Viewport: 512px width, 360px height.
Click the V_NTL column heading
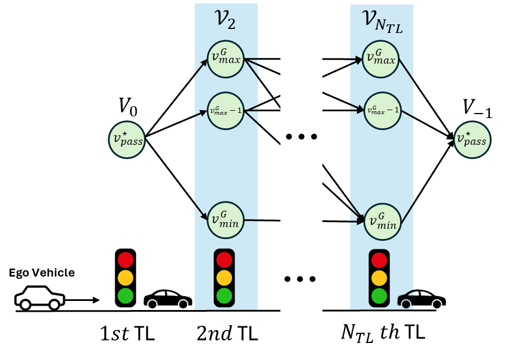point(382,22)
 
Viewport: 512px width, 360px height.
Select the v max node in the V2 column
point(225,59)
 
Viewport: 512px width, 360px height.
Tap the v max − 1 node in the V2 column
point(225,111)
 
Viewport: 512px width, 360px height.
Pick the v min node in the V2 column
point(225,220)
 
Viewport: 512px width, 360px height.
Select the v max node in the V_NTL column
point(381,59)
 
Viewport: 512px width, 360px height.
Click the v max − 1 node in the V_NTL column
point(382,111)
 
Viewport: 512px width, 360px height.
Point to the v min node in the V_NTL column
point(382,221)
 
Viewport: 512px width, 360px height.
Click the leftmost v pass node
point(127,140)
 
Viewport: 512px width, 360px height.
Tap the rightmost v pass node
point(472,140)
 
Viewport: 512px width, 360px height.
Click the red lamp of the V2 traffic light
point(224,259)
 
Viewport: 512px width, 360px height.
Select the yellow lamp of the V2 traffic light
point(224,278)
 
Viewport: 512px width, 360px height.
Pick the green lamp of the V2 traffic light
point(224,296)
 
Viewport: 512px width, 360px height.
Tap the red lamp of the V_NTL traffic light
point(379,260)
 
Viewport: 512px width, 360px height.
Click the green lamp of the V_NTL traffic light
point(379,296)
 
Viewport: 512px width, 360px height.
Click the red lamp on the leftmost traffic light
point(125,260)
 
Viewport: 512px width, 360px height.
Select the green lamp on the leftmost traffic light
point(125,296)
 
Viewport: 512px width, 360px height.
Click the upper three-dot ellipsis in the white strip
point(301,137)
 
